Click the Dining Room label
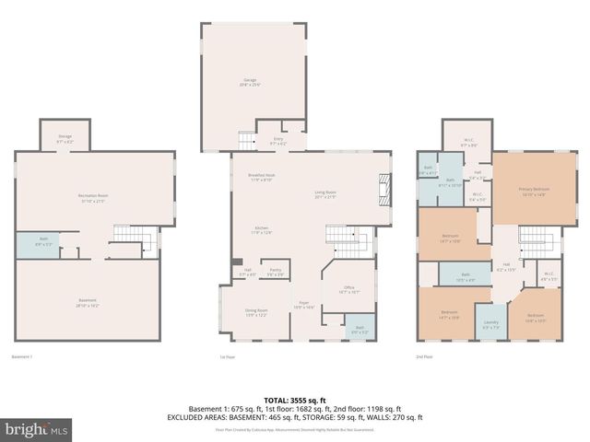click(x=256, y=313)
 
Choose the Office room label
click(x=348, y=289)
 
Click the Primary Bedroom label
click(x=533, y=192)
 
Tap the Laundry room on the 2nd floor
click(x=490, y=323)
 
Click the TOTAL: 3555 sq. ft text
click(x=295, y=400)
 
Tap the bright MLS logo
click(x=36, y=429)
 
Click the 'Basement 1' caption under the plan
click(x=22, y=356)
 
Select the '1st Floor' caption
click(x=227, y=356)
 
